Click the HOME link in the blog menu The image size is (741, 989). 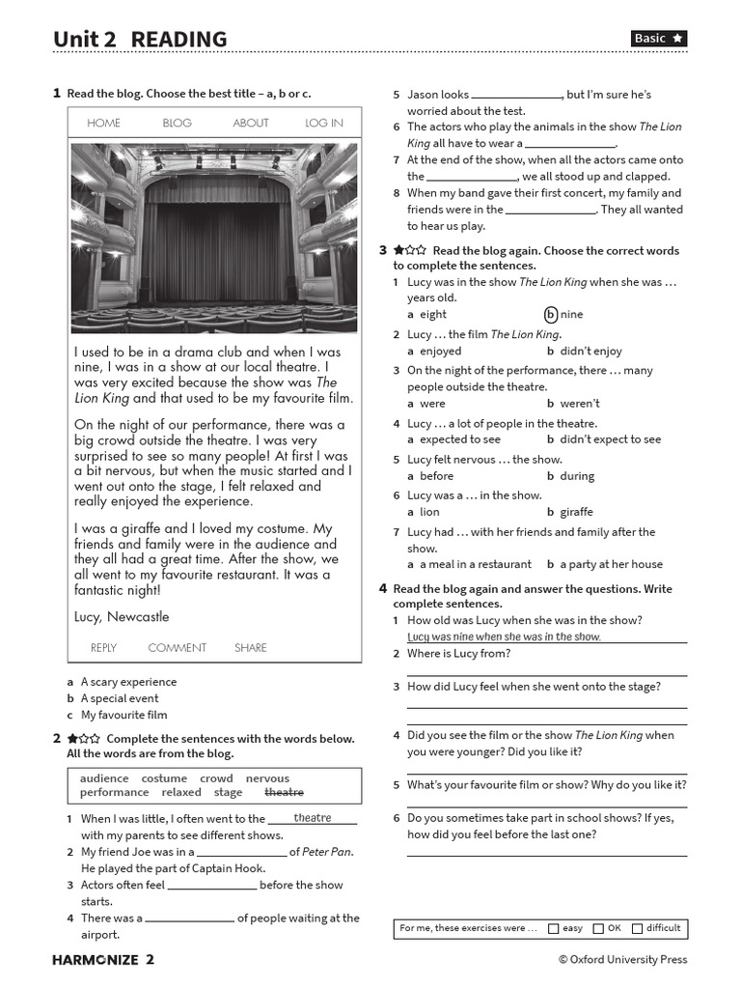103,123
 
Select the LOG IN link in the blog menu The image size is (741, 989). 323,123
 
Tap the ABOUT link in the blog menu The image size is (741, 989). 251,123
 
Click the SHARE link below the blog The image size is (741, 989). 251,648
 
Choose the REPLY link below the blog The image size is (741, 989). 103,648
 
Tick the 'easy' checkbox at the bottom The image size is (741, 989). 553,928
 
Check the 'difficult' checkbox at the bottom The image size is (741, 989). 637,928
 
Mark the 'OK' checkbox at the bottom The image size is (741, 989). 598,928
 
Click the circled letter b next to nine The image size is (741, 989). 551,314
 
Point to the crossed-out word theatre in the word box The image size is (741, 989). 284,792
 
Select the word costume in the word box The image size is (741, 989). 164,778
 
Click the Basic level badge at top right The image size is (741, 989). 659,39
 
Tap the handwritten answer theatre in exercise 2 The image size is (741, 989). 313,818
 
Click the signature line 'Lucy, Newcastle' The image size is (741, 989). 122,616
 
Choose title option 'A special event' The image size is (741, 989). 120,698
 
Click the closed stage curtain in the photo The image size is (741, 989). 214,246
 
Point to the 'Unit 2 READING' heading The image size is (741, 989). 140,39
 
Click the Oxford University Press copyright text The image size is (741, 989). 622,959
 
